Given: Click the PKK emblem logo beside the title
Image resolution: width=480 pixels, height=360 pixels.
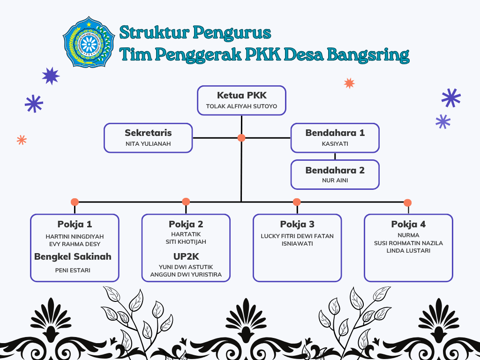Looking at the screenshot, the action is tap(89, 42).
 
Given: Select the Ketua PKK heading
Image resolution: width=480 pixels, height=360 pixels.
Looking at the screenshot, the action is tap(241, 95).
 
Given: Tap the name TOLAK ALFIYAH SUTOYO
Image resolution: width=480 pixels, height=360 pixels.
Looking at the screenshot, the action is tap(241, 106).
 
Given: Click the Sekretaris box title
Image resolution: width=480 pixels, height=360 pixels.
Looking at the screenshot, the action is tap(148, 133).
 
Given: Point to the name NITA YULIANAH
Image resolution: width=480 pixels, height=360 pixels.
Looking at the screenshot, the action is tap(148, 144).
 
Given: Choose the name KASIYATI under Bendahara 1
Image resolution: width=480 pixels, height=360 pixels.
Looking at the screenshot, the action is tap(335, 144).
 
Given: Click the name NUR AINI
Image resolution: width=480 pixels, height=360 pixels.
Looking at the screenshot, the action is tap(335, 180).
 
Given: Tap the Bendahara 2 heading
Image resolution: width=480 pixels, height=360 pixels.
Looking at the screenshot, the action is tap(335, 170).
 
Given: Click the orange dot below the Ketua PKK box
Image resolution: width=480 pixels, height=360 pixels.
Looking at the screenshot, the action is tap(241, 138).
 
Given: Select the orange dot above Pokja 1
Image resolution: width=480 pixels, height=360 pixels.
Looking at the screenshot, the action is tap(75, 202).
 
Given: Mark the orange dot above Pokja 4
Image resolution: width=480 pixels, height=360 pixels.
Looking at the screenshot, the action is tap(407, 202).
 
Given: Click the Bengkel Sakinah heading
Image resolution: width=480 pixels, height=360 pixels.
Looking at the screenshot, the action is tap(73, 256).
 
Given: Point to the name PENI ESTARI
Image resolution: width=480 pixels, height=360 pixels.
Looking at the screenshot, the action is tap(73, 270).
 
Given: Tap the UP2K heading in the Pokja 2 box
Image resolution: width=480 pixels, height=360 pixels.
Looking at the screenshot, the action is tap(186, 256).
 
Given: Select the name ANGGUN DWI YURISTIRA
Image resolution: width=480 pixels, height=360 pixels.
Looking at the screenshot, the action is tap(186, 275).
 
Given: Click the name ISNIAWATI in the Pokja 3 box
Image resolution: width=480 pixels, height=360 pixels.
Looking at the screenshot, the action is tap(297, 244).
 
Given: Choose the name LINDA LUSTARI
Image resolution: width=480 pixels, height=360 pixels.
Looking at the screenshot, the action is tap(408, 251).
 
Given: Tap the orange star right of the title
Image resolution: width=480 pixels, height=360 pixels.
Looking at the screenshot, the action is tap(349, 83).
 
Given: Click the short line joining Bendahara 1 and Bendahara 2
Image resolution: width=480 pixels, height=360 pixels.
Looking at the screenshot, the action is tap(335, 156).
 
